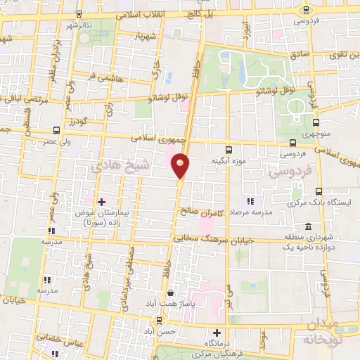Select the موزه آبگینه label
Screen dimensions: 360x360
point(228,162)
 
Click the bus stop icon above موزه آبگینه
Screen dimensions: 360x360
point(229,149)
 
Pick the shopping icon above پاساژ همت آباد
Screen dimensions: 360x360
point(169,292)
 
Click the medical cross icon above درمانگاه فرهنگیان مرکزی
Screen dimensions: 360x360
point(217,333)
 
